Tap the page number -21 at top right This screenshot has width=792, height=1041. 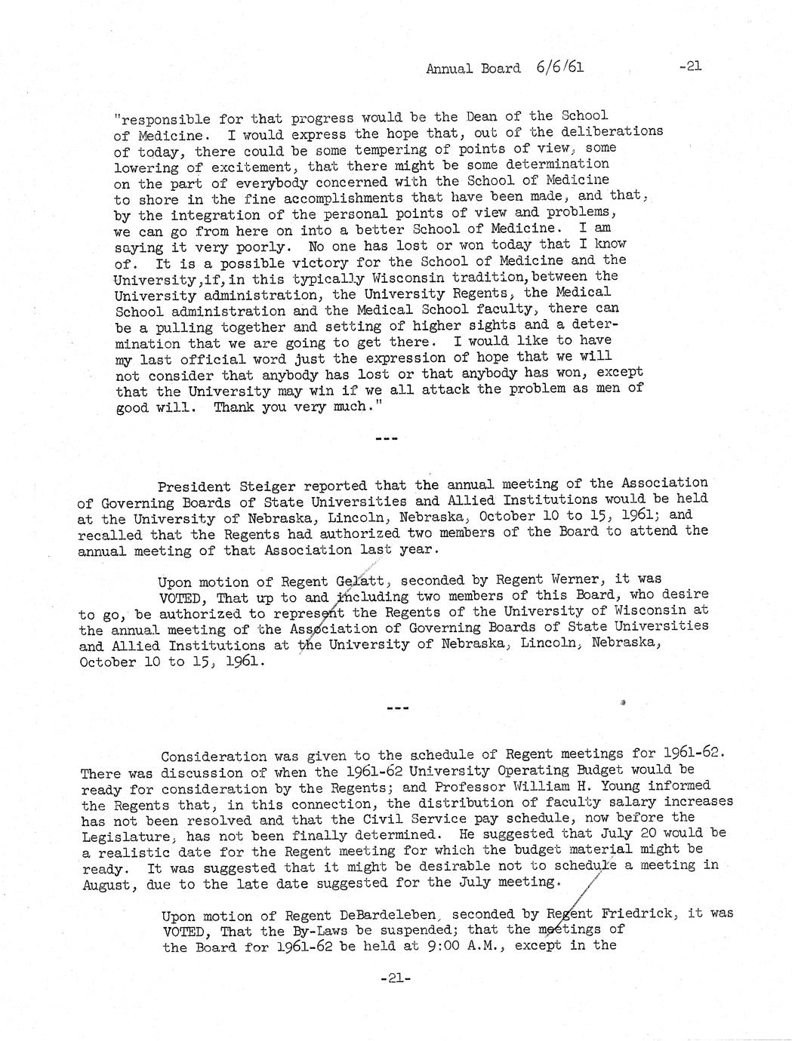click(690, 66)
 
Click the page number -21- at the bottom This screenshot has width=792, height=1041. click(394, 978)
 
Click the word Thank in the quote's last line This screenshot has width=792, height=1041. click(233, 407)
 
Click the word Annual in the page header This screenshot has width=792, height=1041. click(450, 69)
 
